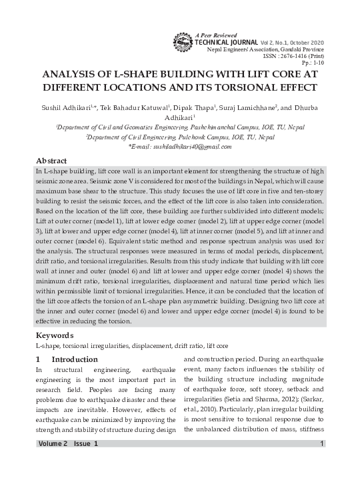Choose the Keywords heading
55,335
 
